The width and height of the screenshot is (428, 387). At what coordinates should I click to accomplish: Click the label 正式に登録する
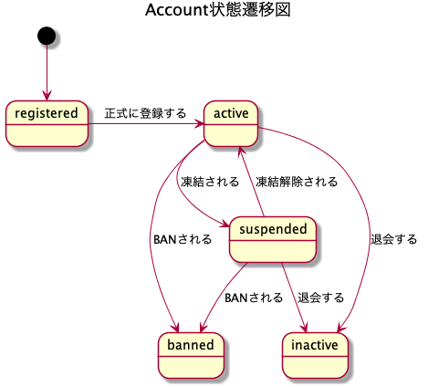145,114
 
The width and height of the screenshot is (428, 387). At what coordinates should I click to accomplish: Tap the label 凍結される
210,181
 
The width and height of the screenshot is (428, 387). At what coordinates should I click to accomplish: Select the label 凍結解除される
297,181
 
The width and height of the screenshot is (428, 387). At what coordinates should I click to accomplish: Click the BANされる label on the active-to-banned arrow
183,240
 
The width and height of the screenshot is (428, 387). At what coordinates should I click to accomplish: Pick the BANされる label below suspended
254,298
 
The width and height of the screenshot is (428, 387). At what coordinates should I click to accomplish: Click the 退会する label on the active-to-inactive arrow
393,240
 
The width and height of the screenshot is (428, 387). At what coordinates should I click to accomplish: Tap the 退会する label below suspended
320,298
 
